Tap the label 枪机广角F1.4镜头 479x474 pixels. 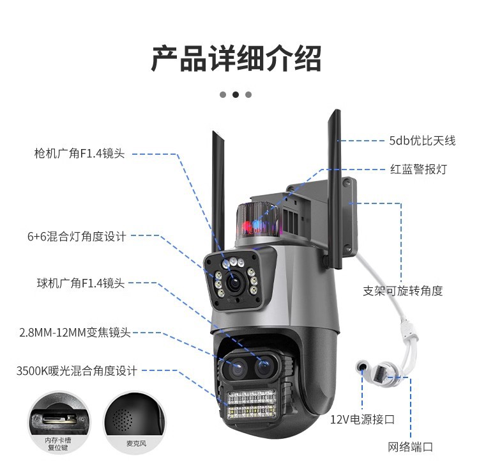[79, 154]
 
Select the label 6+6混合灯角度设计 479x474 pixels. [77, 236]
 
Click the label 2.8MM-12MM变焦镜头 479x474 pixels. [75, 333]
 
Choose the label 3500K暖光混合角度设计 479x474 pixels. [77, 370]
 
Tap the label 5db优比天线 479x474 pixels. [422, 141]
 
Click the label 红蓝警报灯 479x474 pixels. [418, 170]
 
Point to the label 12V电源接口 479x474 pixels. [363, 420]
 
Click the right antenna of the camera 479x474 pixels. [333, 179]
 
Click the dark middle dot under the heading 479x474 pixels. [236, 94]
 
